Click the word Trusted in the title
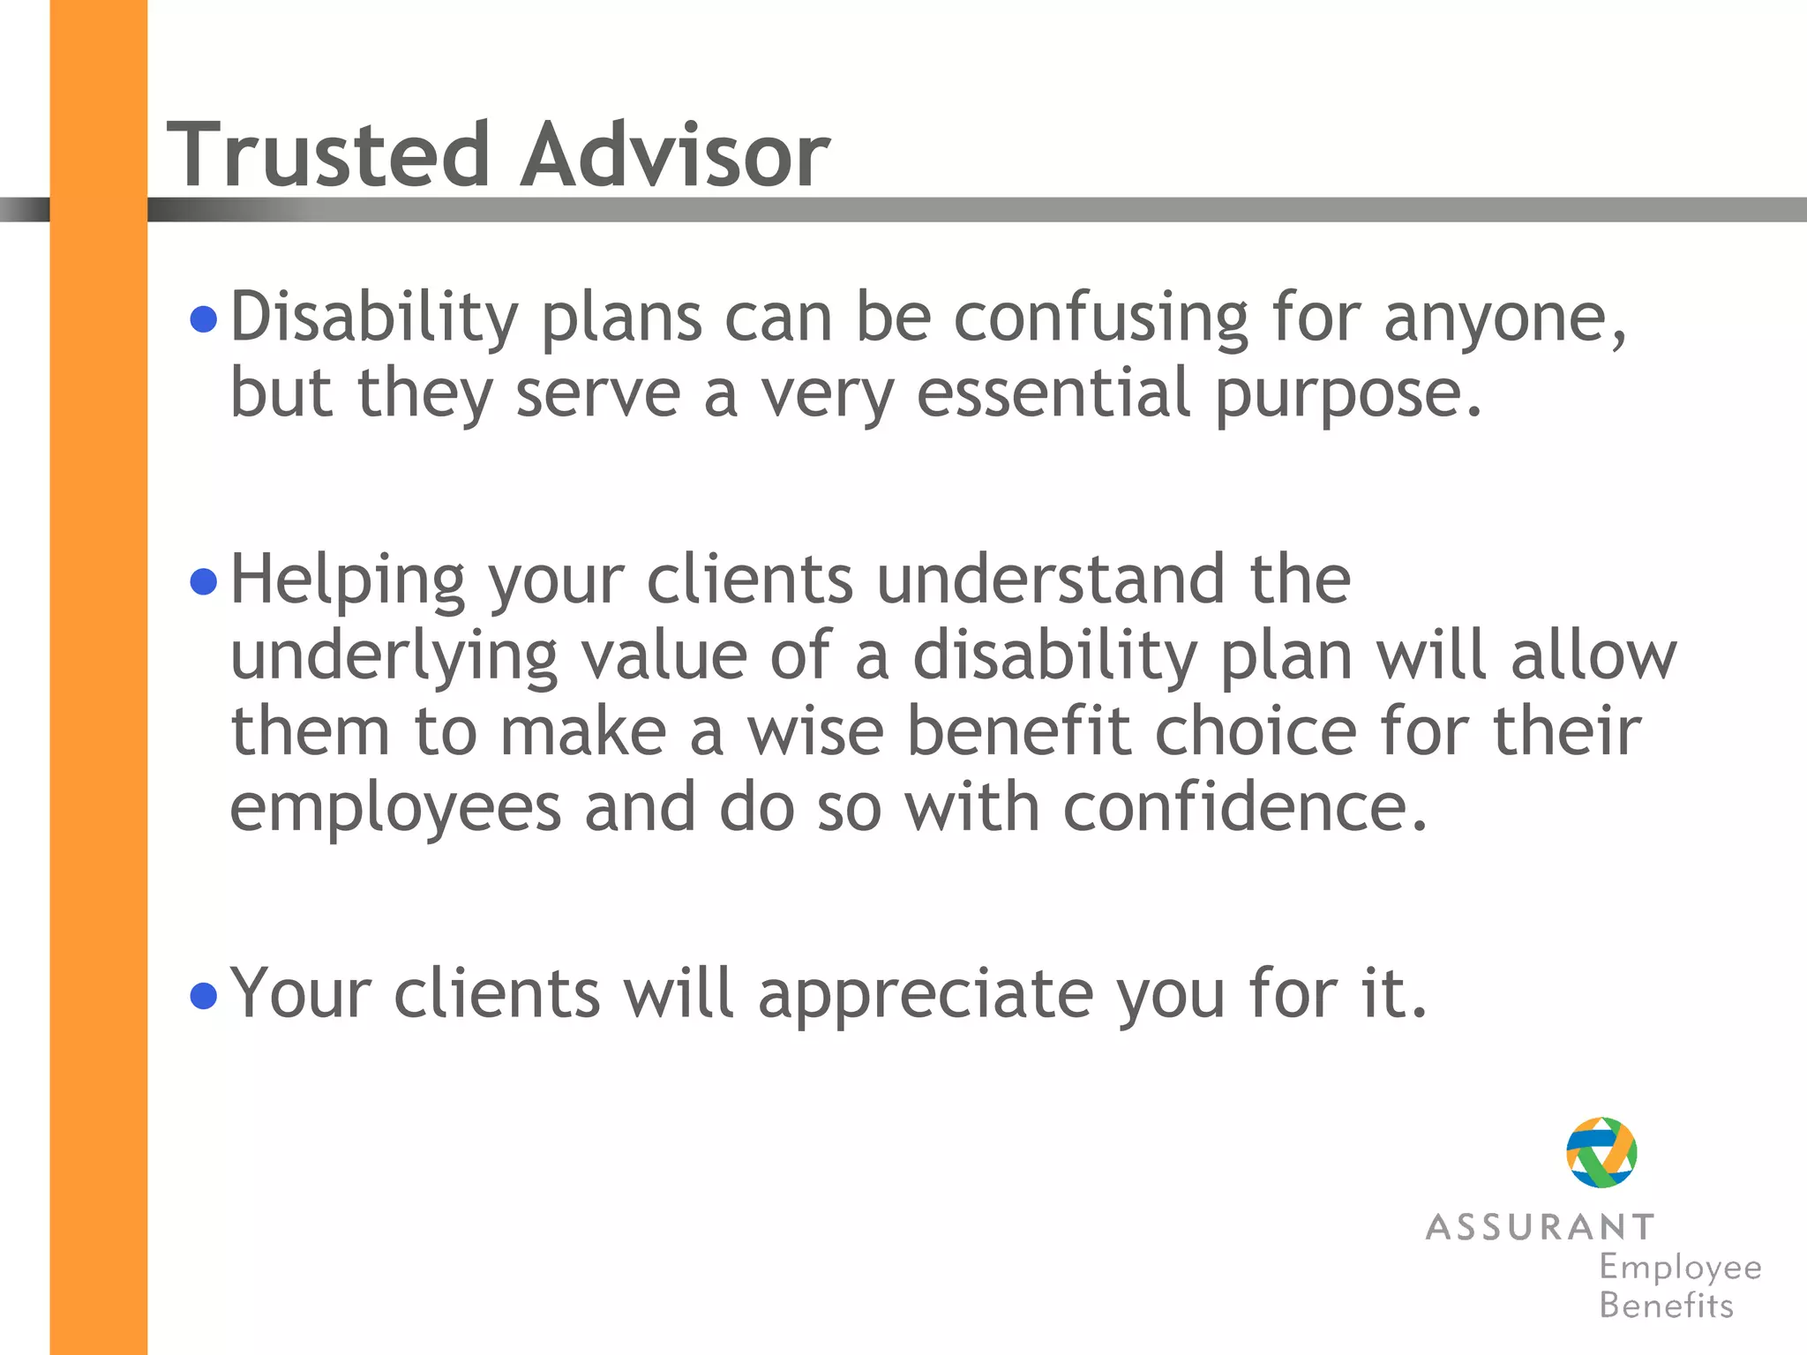[x=327, y=155]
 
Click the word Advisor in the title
[x=675, y=155]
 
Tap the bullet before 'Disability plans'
[x=204, y=318]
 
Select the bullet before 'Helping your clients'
[x=204, y=581]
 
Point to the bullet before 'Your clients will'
[x=204, y=996]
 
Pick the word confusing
[x=1100, y=318]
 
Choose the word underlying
[x=394, y=658]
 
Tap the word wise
[x=815, y=731]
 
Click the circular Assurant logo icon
[x=1601, y=1152]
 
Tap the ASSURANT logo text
[x=1540, y=1227]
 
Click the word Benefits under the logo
[x=1666, y=1306]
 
